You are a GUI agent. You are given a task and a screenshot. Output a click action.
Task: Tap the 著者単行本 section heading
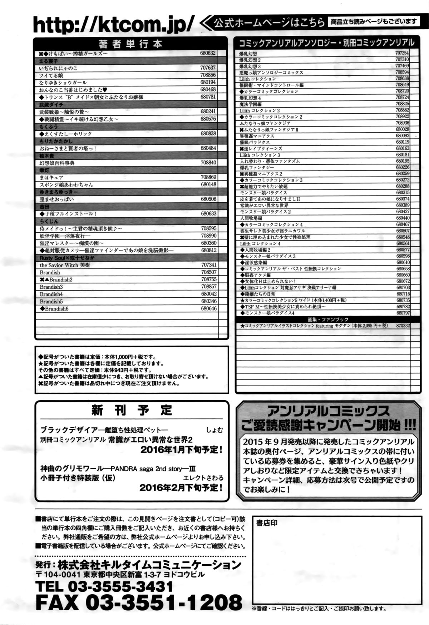click(130, 44)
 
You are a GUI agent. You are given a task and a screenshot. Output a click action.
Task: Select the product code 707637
click(208, 68)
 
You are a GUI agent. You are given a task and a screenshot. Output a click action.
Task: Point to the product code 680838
click(208, 133)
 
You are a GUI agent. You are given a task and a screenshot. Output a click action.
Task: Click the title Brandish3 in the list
click(51, 287)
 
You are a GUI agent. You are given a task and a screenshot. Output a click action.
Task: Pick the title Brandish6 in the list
click(54, 308)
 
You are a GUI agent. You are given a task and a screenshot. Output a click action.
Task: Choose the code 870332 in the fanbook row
click(403, 326)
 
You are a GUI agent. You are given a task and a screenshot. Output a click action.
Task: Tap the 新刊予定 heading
click(132, 410)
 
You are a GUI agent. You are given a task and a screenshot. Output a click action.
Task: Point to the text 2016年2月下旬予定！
click(182, 487)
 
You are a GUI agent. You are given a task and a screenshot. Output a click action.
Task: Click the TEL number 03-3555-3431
click(104, 586)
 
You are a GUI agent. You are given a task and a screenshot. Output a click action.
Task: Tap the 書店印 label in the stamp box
click(267, 523)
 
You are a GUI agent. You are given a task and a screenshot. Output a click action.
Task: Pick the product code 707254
click(402, 53)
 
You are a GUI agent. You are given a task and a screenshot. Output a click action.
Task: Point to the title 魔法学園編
click(252, 104)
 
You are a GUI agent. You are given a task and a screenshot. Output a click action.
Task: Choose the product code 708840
click(208, 163)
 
